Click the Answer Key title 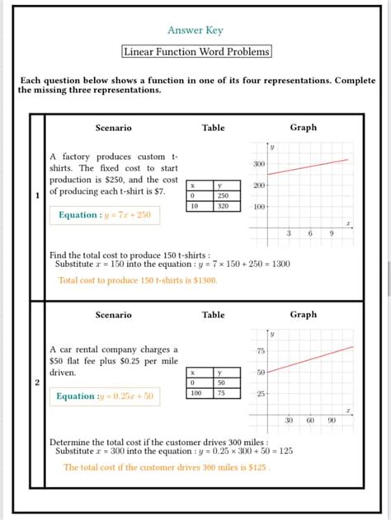point(195,30)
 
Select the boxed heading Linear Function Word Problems point(196,52)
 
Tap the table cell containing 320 point(223,206)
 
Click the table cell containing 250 point(223,196)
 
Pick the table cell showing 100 point(195,393)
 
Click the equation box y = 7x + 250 point(104,215)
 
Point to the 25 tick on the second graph point(260,393)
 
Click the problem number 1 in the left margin point(37,196)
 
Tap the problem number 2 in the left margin point(37,382)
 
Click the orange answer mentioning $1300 point(138,280)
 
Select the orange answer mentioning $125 point(167,467)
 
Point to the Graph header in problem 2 point(303,315)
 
